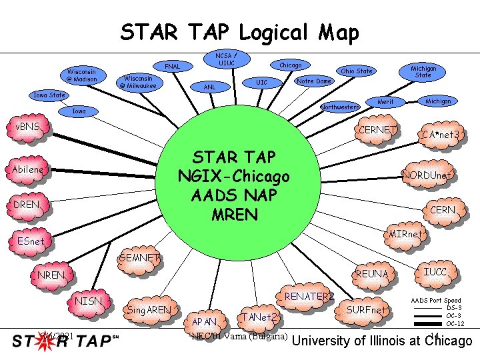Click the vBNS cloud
tap(28, 127)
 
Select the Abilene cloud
tap(27, 169)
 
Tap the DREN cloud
tap(27, 205)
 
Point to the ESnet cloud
tap(32, 241)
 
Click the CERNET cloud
tap(378, 129)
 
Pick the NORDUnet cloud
tap(427, 175)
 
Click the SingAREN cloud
tap(149, 310)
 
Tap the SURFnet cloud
tap(367, 310)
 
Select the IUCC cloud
tap(435, 272)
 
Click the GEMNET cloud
tap(139, 257)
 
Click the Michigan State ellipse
tap(423, 72)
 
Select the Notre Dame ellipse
tap(314, 81)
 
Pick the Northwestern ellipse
tap(340, 107)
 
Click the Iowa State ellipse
tap(50, 95)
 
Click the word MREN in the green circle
tap(233, 215)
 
